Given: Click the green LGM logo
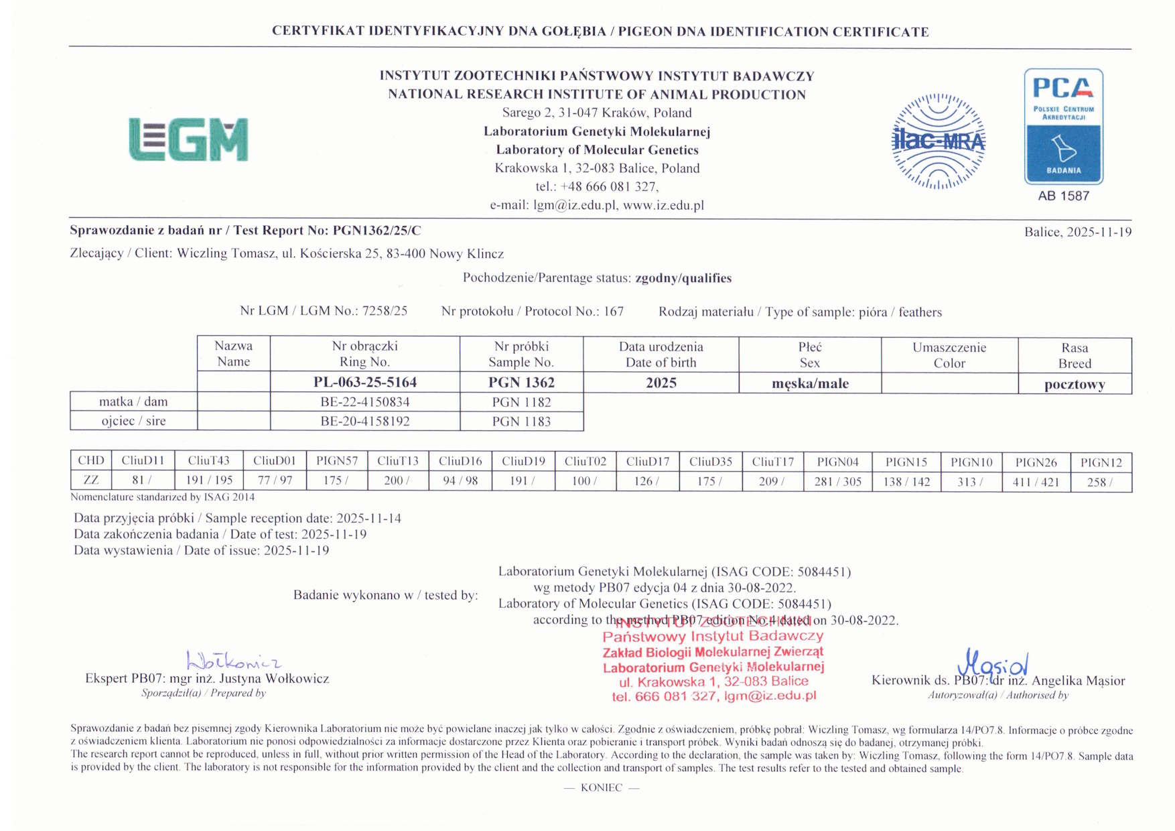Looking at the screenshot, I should coord(188,139).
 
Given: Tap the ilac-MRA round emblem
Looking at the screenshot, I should coord(938,141).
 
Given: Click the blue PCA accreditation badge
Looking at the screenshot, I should coord(1063,126).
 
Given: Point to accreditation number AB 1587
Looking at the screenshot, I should coord(1063,196).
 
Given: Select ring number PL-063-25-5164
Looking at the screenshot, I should coord(365,382).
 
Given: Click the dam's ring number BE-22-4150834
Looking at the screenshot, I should coord(365,402).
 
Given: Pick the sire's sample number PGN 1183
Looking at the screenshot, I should coord(521,422).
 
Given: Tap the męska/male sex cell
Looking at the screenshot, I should coord(810,383).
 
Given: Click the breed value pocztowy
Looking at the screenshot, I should coord(1075,385).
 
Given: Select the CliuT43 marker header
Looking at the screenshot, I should coord(208,461).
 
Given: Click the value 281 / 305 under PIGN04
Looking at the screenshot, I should coord(837,481).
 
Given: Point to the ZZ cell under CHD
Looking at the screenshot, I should coord(90,480).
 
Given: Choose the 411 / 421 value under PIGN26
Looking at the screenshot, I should coord(1036,481).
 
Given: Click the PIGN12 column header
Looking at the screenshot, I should coord(1101,462).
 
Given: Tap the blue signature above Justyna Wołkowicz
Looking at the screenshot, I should coord(233,661).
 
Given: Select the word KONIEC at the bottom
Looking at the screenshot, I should coord(602,787).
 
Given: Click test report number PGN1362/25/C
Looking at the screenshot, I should coord(377,231).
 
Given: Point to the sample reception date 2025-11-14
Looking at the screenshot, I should coord(368,518).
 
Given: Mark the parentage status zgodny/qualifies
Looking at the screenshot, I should coord(683,278).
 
